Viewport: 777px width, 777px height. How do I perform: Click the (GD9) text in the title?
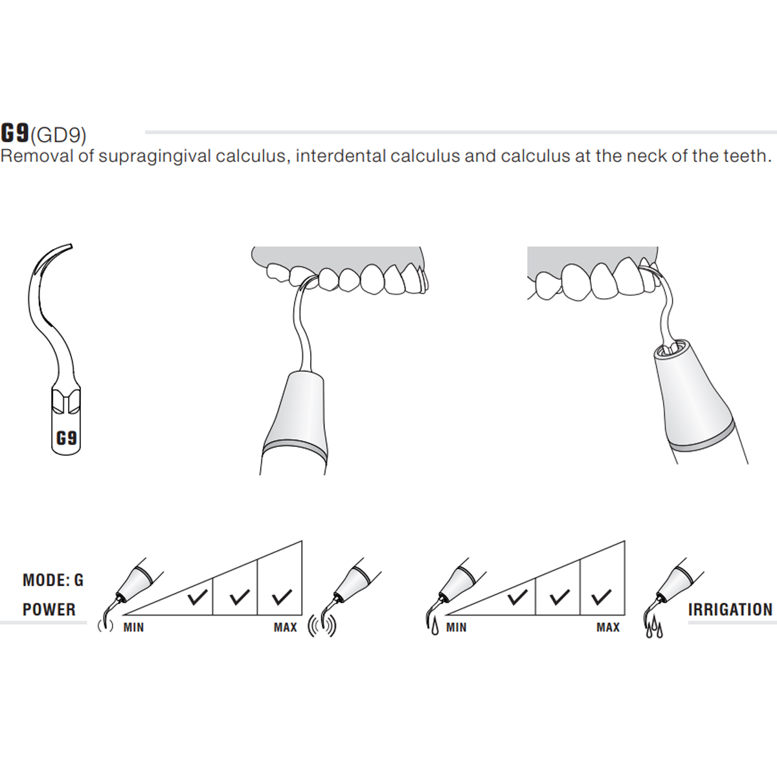coord(58,135)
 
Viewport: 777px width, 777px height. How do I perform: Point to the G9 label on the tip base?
coord(66,438)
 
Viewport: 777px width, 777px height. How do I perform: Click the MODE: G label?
coord(53,580)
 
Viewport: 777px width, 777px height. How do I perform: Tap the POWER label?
coord(49,609)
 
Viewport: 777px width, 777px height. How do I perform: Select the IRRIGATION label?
coord(730,609)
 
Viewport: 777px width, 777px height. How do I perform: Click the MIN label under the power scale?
coord(133,627)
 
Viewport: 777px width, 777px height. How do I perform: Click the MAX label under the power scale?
coord(285,627)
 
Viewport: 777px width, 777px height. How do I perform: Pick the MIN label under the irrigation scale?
coord(456,627)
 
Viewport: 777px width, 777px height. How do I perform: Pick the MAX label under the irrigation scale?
coord(608,627)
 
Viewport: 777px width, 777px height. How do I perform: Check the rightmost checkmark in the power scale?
coord(282,596)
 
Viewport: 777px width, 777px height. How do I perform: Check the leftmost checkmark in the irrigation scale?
coord(517,596)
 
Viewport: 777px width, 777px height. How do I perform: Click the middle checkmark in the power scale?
coord(240,596)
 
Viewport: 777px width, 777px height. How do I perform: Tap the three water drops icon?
coord(654,628)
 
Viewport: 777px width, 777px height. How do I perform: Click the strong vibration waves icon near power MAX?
coord(322,626)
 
